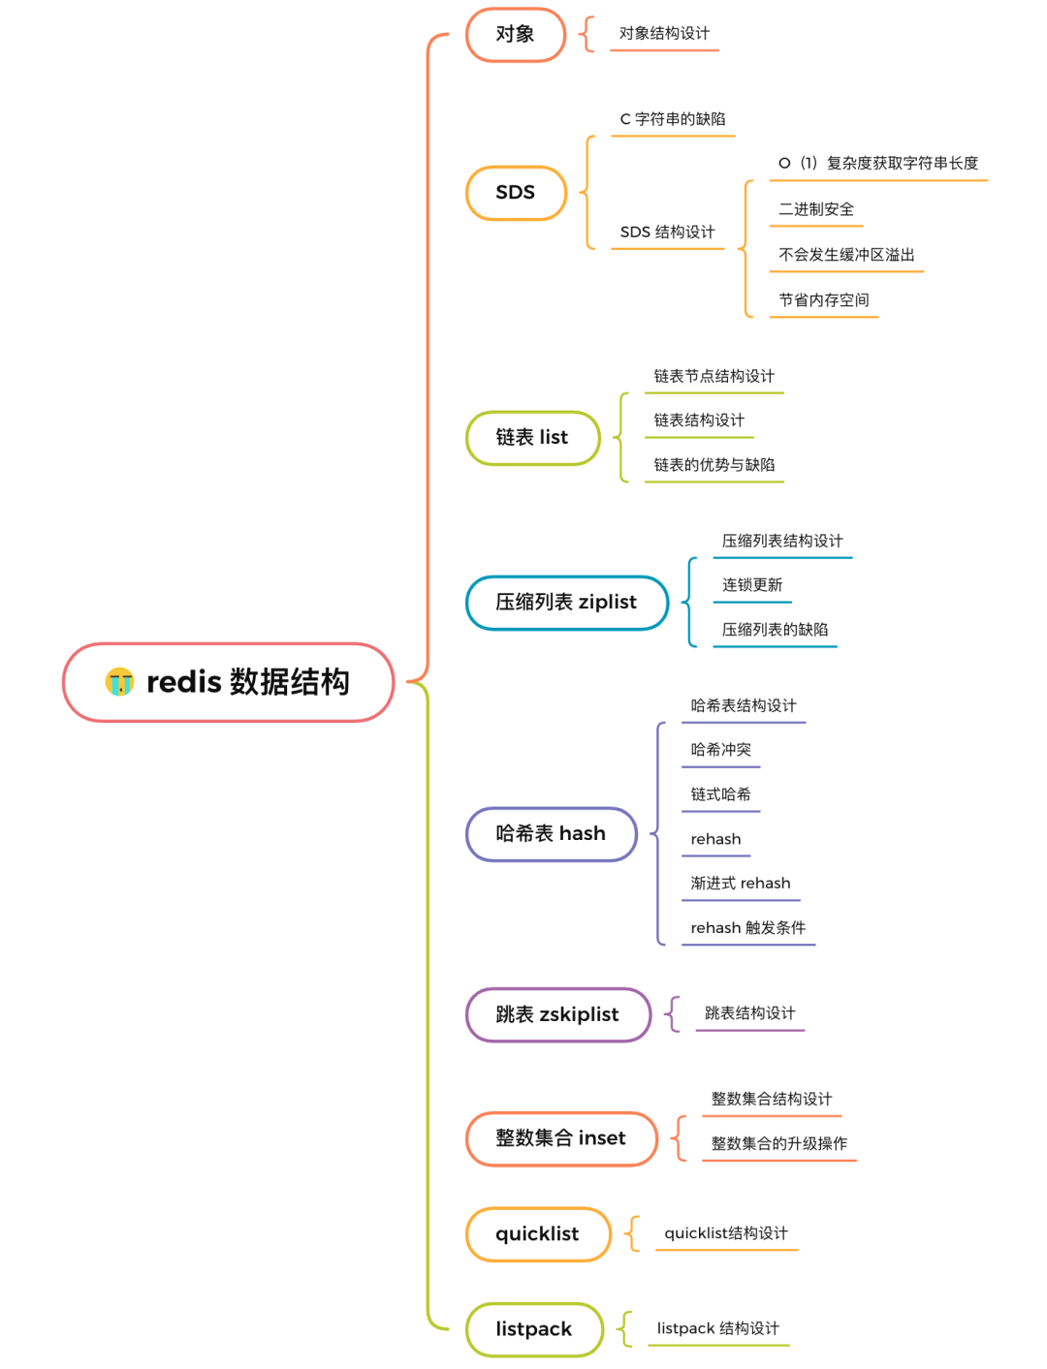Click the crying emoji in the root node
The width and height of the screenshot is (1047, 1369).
coord(119,682)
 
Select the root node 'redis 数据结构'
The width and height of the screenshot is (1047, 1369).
coord(247,682)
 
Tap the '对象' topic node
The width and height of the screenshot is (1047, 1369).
coord(515,35)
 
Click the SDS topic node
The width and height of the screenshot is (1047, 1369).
coord(515,193)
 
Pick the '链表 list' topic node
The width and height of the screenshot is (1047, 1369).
coord(532,438)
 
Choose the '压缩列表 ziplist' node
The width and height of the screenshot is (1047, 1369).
coord(566,603)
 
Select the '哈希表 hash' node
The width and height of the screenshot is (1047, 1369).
coord(551,834)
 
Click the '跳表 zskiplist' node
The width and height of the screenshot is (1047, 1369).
coord(557,1014)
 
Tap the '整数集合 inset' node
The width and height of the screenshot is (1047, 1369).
coord(560,1138)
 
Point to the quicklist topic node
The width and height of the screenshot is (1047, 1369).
coord(537,1234)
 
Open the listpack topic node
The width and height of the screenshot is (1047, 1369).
coord(534,1329)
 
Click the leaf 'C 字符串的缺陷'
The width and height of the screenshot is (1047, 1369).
coord(673,119)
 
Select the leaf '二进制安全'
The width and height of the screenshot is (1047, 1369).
coord(816,209)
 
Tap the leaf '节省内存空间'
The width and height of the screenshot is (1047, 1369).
coord(824,300)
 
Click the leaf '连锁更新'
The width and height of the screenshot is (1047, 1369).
coord(752,585)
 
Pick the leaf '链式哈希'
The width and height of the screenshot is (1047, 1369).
coord(720,794)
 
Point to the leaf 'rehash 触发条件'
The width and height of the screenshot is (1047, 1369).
coord(747,928)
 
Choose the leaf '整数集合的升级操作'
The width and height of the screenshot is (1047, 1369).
coord(778,1144)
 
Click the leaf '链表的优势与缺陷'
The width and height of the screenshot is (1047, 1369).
coord(714,465)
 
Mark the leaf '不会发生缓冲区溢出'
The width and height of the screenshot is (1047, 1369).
coord(846,255)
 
